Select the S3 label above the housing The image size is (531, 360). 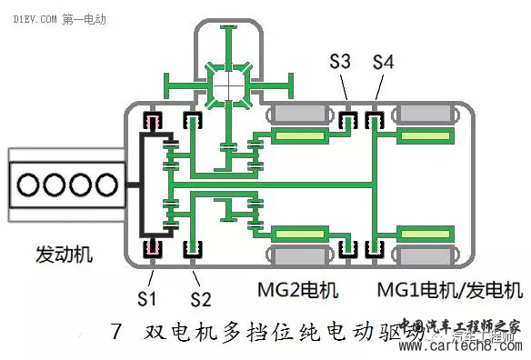[340, 64]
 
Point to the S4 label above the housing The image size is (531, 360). [385, 64]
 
